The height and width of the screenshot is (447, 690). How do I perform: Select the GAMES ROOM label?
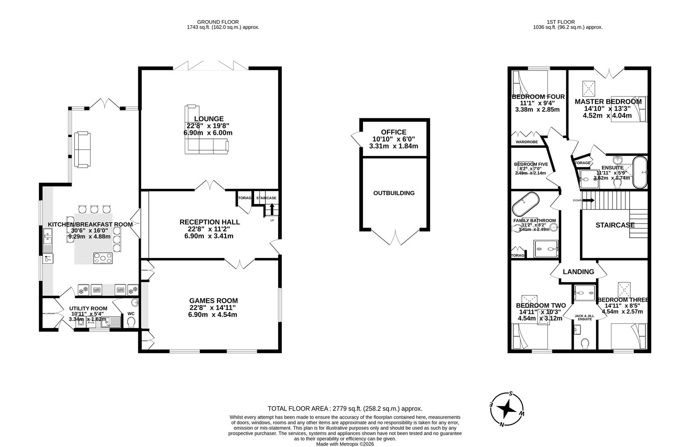coord(213,301)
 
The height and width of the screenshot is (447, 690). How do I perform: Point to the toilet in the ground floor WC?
coord(131,323)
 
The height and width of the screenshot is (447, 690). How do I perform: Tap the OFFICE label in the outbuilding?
coord(393,132)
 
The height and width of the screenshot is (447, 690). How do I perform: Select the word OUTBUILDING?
coord(394,193)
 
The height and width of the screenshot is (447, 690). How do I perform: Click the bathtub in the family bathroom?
coord(526,204)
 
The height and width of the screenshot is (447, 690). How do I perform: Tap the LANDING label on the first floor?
coord(578,272)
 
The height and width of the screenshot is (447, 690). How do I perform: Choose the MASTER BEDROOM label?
coord(608,101)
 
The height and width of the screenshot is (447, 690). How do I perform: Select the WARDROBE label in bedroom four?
coord(527,142)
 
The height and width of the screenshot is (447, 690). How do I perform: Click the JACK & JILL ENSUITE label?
coord(584,317)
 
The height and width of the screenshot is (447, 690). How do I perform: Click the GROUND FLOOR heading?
coord(218,22)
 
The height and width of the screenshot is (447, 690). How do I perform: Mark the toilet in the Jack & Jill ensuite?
coord(585,344)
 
